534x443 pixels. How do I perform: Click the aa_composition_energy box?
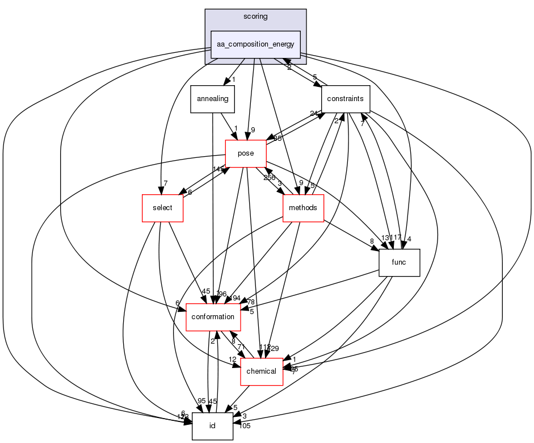(255, 44)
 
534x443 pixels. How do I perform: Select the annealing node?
(212, 99)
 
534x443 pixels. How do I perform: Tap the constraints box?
(346, 99)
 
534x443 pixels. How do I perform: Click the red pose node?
(246, 153)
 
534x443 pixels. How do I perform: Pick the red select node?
(162, 208)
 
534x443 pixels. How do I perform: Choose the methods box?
(304, 208)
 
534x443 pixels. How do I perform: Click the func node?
(399, 262)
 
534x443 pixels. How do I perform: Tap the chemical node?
(262, 371)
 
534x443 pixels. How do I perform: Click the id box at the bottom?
(212, 426)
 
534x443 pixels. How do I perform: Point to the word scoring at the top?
(255, 16)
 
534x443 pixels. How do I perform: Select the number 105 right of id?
(245, 426)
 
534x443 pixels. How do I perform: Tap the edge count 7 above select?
(165, 182)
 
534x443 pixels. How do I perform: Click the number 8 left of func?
(372, 241)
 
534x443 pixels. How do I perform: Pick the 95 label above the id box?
(201, 401)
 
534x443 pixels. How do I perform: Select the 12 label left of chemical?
(233, 360)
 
